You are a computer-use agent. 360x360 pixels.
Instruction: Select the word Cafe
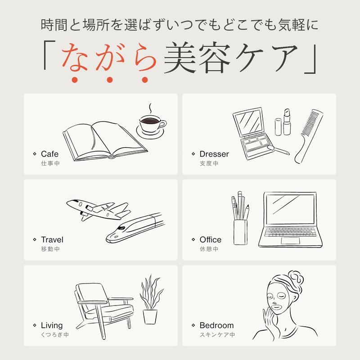coord(49,154)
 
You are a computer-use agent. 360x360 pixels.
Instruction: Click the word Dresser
coord(214,154)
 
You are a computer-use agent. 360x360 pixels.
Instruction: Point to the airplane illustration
coord(96,209)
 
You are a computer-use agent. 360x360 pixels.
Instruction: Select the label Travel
coord(52,240)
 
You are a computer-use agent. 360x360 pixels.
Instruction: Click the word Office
coord(211,240)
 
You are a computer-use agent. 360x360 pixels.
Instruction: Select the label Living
coord(52,325)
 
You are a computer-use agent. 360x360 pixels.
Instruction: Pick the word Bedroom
coord(216,325)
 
